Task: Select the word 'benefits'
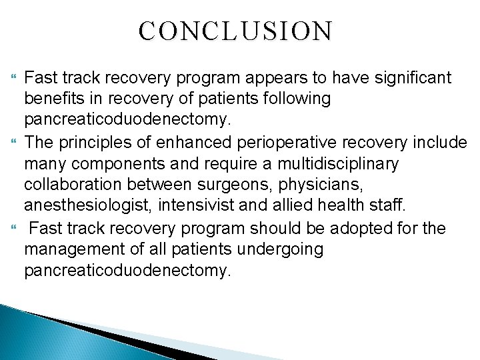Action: pyautogui.click(x=52, y=99)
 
